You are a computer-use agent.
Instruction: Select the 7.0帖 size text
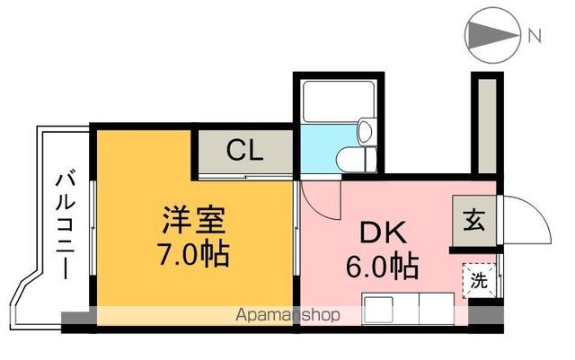pyautogui.click(x=194, y=254)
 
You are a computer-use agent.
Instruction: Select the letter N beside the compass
pyautogui.click(x=535, y=37)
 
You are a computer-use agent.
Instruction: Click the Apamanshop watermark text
pyautogui.click(x=287, y=315)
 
